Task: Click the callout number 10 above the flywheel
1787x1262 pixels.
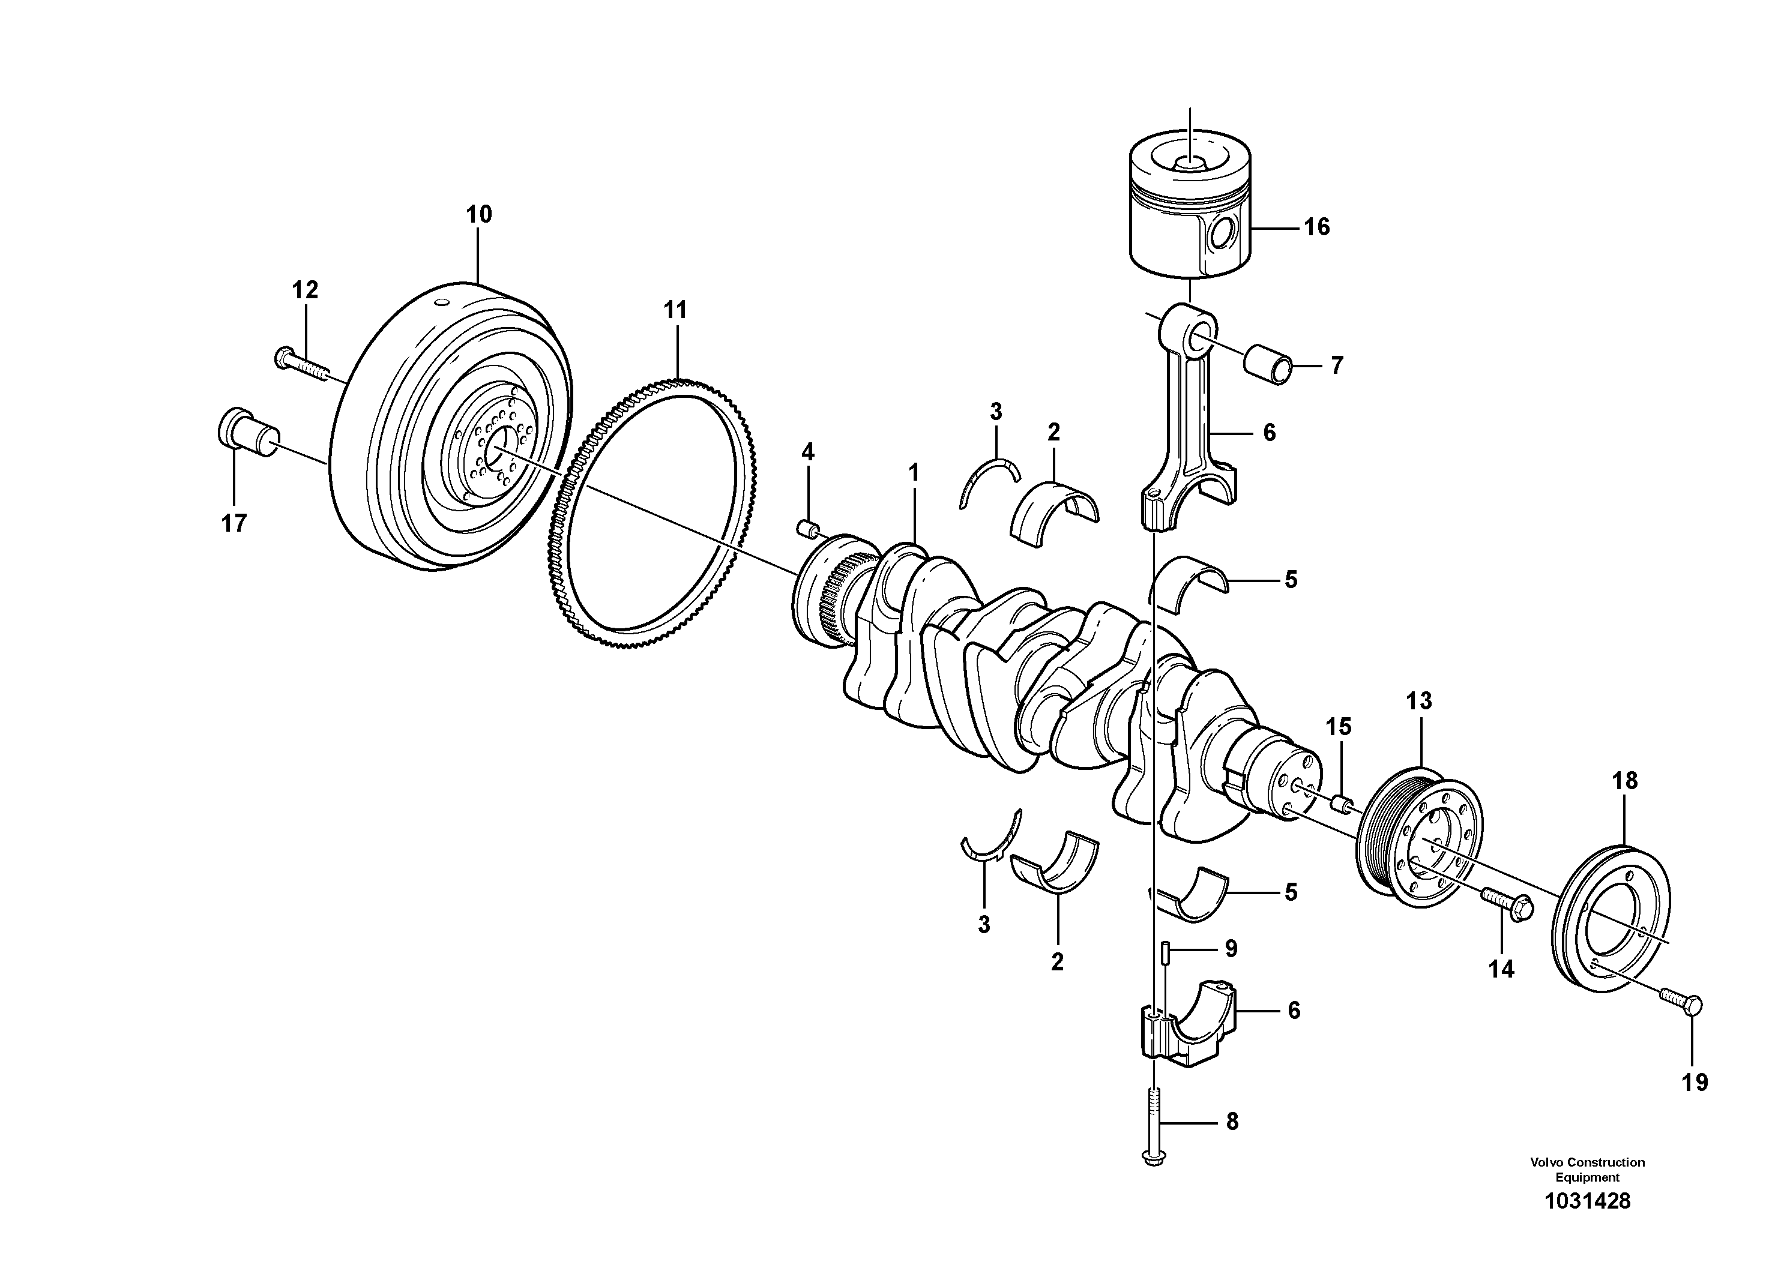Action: (478, 215)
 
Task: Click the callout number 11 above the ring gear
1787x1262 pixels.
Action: (675, 310)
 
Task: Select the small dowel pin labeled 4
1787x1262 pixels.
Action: (809, 529)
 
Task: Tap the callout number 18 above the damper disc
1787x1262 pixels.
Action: (1624, 780)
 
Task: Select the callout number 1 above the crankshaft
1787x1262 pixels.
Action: (914, 472)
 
